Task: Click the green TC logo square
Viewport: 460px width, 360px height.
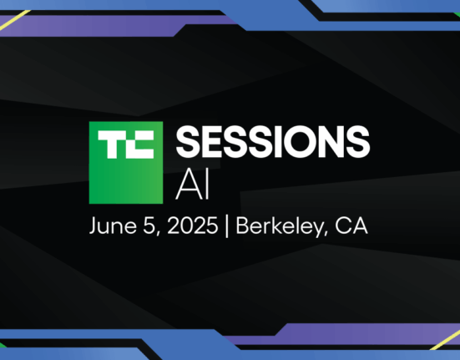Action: pyautogui.click(x=126, y=163)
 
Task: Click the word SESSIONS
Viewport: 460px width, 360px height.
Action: pyautogui.click(x=273, y=142)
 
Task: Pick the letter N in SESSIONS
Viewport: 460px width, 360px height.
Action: pyautogui.click(x=335, y=142)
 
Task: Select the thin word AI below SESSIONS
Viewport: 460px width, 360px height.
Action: pyautogui.click(x=193, y=185)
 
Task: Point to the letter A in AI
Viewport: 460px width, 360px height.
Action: pyautogui.click(x=189, y=185)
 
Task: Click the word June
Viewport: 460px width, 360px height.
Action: pyautogui.click(x=113, y=226)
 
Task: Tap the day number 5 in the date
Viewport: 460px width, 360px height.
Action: pyautogui.click(x=148, y=226)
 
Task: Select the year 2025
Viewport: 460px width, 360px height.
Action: pyautogui.click(x=193, y=226)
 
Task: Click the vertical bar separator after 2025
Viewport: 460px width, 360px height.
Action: pyautogui.click(x=226, y=226)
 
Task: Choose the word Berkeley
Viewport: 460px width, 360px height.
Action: pyautogui.click(x=278, y=226)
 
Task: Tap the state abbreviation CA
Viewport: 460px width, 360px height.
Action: pyautogui.click(x=351, y=226)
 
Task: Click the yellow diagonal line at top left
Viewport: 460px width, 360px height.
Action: pyautogui.click(x=15, y=20)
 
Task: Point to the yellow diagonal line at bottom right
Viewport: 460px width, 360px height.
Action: pyautogui.click(x=445, y=340)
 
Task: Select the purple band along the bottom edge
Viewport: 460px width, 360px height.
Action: pyautogui.click(x=341, y=334)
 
